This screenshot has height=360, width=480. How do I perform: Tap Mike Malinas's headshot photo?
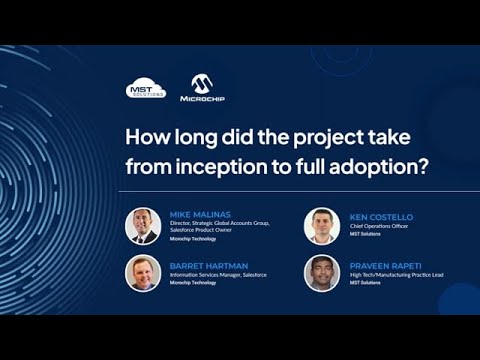(143, 226)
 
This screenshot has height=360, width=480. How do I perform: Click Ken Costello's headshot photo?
(322, 226)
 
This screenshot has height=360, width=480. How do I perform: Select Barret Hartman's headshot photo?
(143, 274)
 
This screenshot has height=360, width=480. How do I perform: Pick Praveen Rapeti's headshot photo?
(322, 274)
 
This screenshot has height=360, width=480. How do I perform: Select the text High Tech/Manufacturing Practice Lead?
(395, 275)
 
